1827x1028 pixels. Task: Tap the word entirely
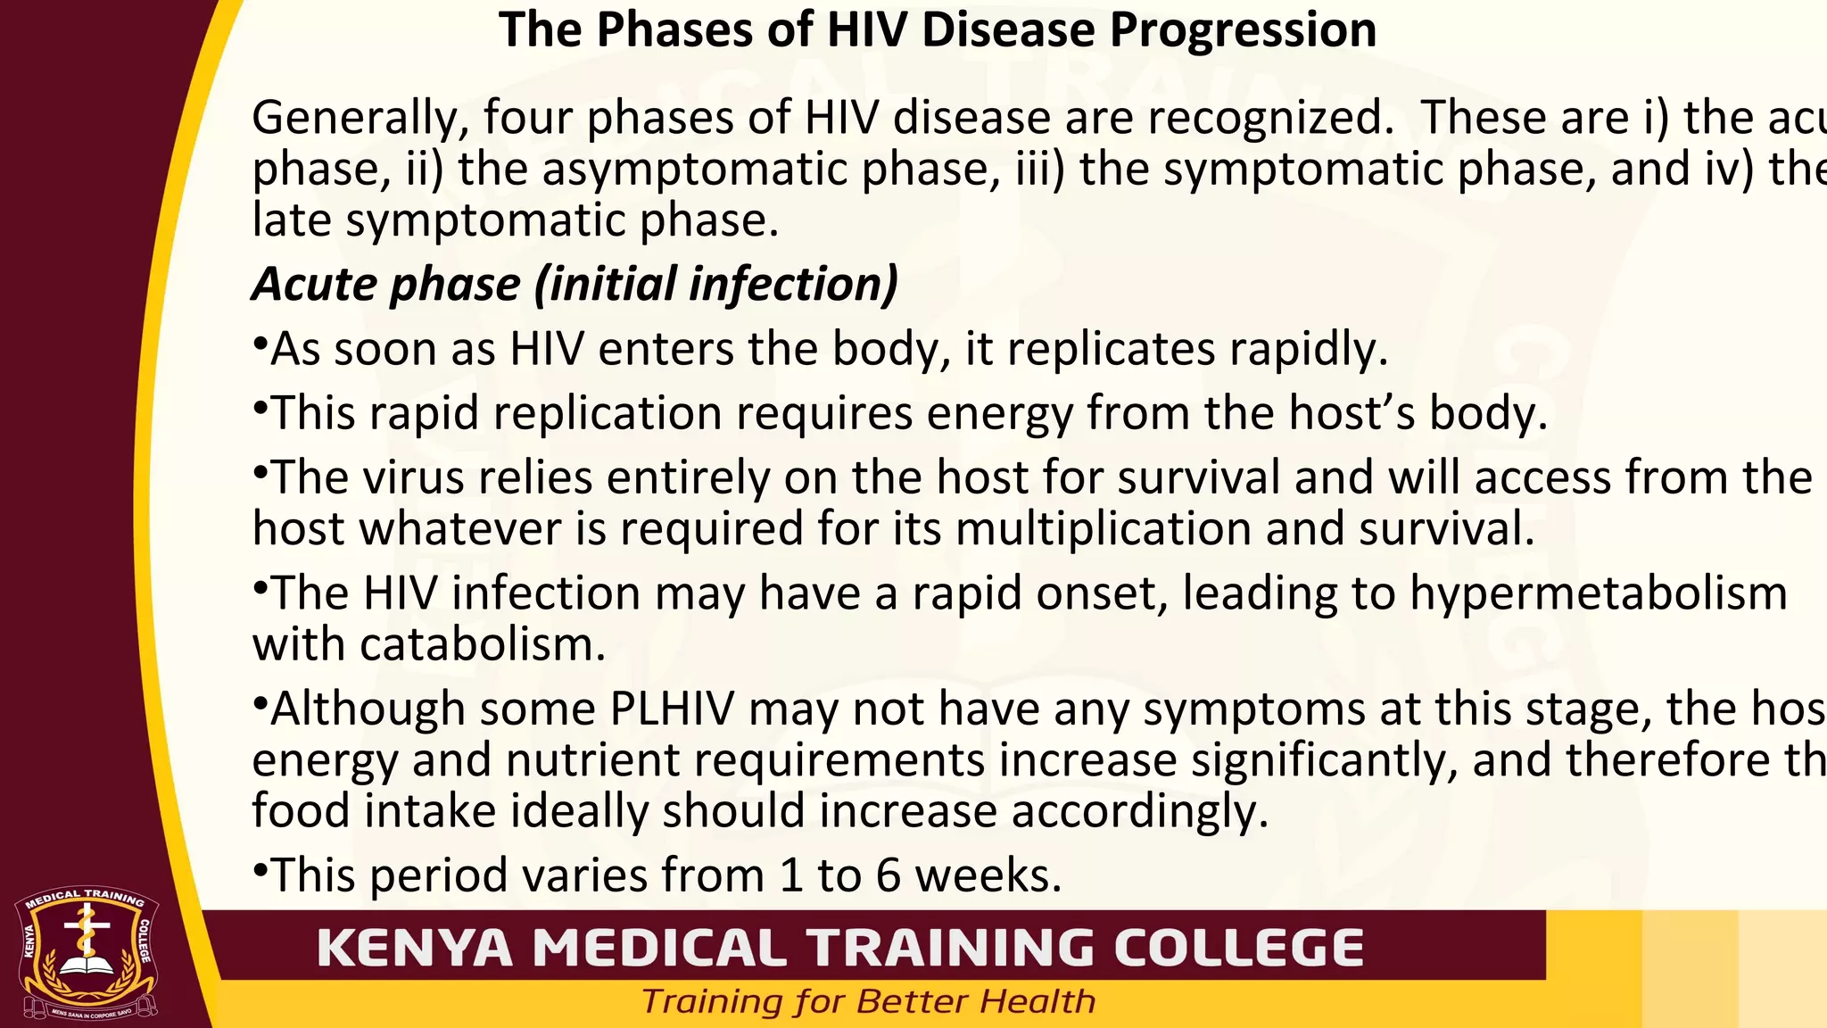688,478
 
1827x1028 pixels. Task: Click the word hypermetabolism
1598,593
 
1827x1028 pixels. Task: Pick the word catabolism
482,645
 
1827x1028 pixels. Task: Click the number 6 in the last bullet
888,876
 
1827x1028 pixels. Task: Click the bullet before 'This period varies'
260,868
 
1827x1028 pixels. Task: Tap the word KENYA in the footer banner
415,948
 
